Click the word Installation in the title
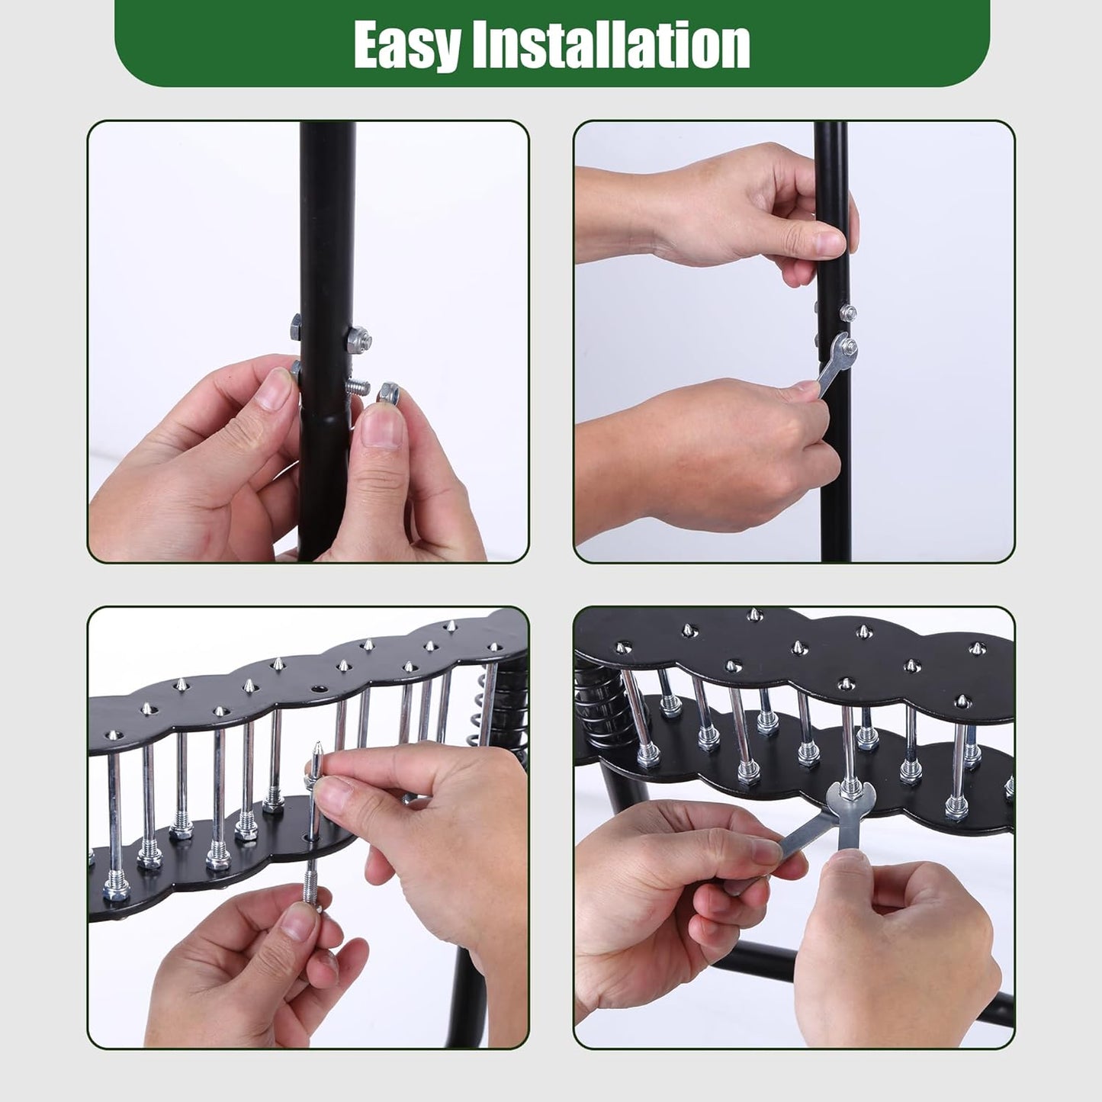[610, 46]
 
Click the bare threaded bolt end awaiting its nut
[355, 387]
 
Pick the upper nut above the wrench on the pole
[847, 312]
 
